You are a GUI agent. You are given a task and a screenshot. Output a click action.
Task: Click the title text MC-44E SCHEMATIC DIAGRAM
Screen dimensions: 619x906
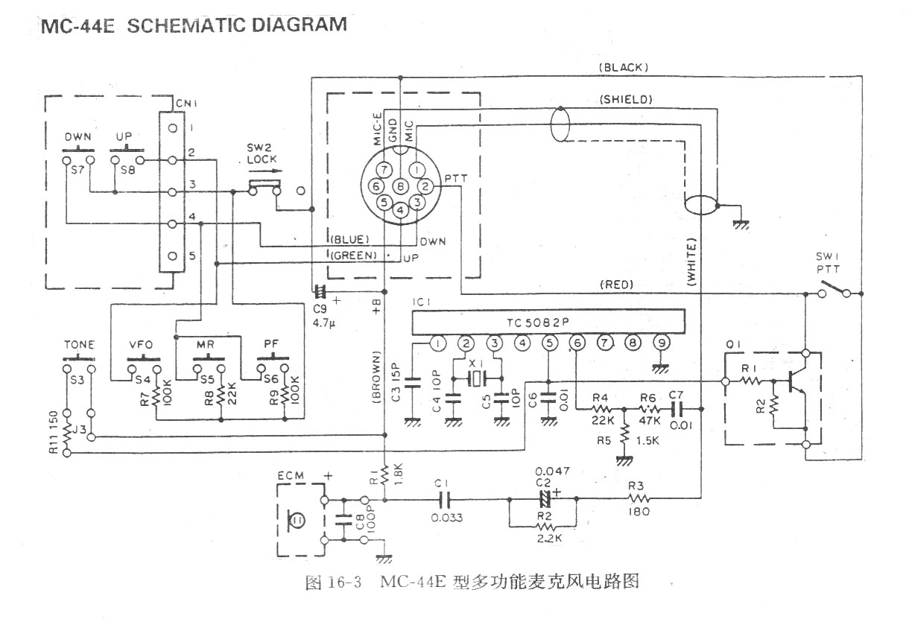[194, 25]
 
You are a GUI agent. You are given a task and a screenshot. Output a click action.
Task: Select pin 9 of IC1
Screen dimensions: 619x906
[659, 343]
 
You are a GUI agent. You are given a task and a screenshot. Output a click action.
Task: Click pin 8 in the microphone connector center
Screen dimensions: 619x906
[400, 185]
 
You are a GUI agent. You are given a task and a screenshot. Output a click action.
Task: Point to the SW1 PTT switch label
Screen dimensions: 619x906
[832, 264]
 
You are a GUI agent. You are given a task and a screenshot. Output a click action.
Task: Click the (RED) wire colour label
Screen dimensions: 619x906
[615, 284]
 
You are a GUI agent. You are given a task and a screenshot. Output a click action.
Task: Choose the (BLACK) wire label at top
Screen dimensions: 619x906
[623, 67]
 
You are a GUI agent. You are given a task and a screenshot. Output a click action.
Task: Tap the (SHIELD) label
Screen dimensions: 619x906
[626, 99]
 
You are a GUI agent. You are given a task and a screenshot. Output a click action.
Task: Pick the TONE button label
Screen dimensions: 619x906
[80, 345]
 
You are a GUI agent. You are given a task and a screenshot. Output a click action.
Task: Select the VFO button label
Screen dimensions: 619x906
[142, 345]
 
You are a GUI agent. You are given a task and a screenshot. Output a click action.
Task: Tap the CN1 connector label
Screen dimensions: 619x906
[183, 102]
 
